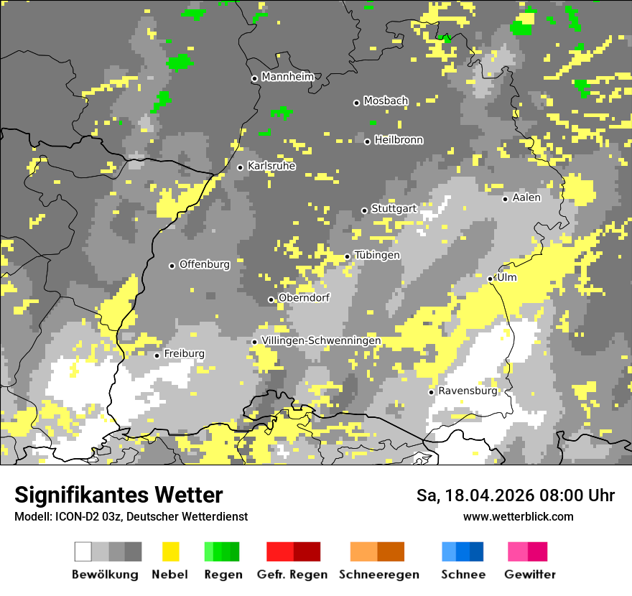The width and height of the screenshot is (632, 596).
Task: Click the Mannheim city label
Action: pos(287,77)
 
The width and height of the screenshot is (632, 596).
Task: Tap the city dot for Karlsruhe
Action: pos(241,167)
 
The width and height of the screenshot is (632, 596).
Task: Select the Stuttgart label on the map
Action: pos(394,209)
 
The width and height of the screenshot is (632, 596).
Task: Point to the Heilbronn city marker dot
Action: pos(367,141)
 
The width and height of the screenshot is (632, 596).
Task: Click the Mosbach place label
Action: pos(386,101)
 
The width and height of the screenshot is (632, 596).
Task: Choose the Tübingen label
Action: pos(377,256)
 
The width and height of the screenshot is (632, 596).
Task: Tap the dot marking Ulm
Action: pos(491,279)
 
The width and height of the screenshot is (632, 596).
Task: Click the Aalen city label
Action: pos(526,197)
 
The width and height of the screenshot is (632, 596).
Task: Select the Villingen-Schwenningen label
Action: pos(321,340)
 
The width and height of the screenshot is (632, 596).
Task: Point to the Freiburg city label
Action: pos(184,354)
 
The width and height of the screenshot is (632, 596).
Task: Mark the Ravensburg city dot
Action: pos(431,392)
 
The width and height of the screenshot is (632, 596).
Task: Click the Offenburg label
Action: pos(204,264)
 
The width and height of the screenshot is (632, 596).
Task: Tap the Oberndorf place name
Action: pos(304,298)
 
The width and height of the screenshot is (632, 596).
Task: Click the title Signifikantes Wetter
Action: pos(118,495)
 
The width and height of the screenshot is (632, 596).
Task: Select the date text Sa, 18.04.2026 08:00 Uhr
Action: pos(515,495)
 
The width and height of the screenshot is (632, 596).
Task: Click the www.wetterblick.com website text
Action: pos(518,517)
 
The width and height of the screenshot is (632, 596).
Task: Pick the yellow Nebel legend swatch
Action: pos(171,551)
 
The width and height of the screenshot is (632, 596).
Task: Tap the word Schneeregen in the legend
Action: pos(378,574)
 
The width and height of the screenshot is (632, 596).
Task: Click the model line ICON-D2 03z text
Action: pos(131,517)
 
